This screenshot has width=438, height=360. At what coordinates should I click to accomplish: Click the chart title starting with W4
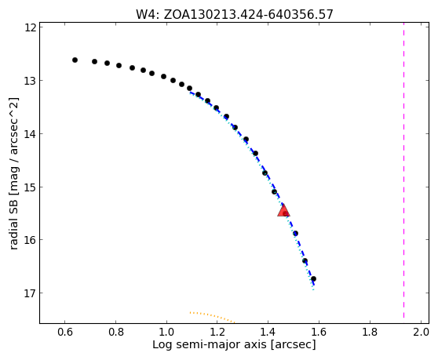pos(235,14)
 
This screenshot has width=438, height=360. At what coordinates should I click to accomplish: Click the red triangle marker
pos(283,210)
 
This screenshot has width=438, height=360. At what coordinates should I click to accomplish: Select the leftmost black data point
pos(75,60)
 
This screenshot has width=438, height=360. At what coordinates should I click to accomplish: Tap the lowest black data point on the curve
pos(313,278)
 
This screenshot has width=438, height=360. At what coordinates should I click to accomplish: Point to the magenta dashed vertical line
pos(404,170)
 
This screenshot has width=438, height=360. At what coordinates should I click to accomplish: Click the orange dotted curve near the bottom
pos(212,316)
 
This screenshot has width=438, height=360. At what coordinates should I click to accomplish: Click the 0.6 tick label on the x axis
pos(65,332)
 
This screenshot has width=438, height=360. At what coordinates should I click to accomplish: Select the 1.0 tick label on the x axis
pos(166,332)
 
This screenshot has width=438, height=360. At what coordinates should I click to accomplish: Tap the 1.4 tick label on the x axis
pos(268,332)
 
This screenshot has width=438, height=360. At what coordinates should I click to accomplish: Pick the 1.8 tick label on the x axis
pos(370,332)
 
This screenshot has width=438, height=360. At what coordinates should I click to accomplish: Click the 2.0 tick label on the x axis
pos(421,332)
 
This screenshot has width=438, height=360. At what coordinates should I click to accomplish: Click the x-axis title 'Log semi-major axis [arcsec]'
pos(234,344)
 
